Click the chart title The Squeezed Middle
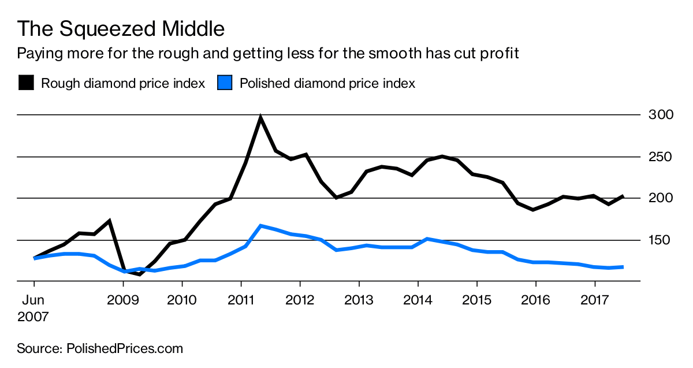point(121,28)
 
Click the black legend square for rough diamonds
point(26,83)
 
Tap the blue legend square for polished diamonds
point(224,83)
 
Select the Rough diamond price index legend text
point(122,83)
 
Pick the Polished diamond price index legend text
point(327,83)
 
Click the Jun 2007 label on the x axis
point(33,308)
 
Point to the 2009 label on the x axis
point(123,301)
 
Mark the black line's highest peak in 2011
point(260,117)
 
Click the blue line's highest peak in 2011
point(261,226)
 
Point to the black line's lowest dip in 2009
point(139,274)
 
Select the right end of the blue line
point(623,267)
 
